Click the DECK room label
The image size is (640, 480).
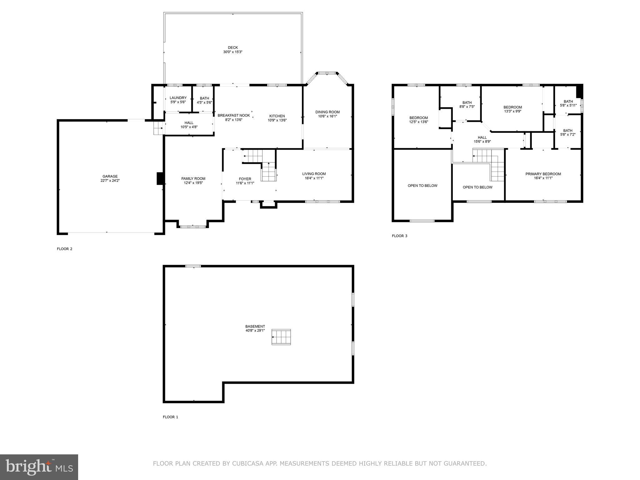point(233,47)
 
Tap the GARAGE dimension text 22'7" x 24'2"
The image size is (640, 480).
point(110,181)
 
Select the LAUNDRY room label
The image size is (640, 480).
point(178,98)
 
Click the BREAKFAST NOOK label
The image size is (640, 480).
point(234,115)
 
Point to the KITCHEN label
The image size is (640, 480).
point(277,116)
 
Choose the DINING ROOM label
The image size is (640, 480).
point(327,112)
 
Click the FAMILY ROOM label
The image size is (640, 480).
point(193,179)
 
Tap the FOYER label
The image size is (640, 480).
point(245,179)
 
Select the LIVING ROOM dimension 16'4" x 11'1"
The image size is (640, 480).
point(314,178)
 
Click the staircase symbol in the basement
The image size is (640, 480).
point(281,337)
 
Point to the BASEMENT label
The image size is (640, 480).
point(255,326)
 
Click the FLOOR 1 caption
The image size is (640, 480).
point(170,417)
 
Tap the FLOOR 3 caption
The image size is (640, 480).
point(399,236)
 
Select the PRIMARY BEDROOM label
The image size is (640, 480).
point(543,174)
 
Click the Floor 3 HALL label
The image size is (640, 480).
point(482,137)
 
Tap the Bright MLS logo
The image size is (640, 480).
point(39,467)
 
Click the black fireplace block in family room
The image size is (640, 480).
point(160,178)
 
